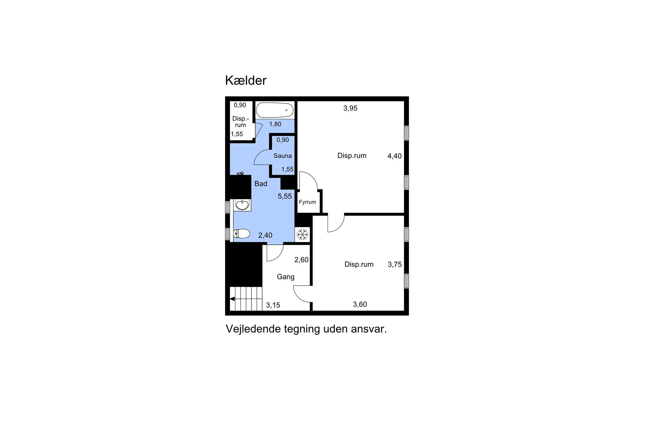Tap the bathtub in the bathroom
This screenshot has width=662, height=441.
tap(275, 110)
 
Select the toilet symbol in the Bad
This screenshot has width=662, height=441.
tap(241, 234)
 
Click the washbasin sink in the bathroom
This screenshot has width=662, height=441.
tap(242, 205)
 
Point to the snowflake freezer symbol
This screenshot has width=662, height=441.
tap(302, 234)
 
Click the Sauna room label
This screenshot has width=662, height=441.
tap(283, 155)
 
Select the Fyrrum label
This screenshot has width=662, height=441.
tap(307, 202)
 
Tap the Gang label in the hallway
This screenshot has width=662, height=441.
tap(286, 277)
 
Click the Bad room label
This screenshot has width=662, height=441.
tap(261, 184)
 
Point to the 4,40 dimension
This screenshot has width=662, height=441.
tap(394, 156)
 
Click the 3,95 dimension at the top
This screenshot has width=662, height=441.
tap(350, 108)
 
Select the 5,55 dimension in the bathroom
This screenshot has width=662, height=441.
tap(285, 196)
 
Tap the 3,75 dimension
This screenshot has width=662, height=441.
tap(395, 264)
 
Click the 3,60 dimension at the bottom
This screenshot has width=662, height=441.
tap(360, 304)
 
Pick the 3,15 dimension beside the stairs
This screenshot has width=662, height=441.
tap(273, 305)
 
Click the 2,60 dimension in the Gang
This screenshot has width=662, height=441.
tap(301, 260)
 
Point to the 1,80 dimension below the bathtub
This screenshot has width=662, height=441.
tap(275, 124)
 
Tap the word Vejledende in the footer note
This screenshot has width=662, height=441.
tap(253, 329)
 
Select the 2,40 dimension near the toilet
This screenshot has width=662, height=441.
tap(265, 235)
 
